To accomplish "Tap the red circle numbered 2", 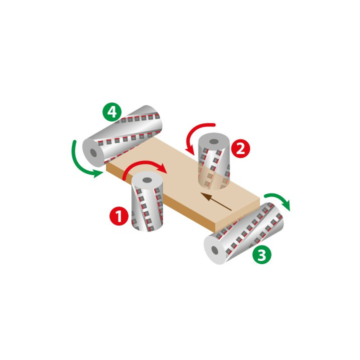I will point(240,148).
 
